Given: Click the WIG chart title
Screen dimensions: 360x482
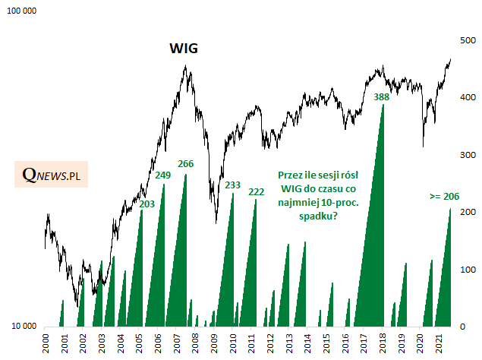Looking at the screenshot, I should (x=183, y=49).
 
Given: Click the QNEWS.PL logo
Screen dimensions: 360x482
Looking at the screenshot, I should (x=51, y=175).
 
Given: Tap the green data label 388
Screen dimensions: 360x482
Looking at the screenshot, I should (x=382, y=96).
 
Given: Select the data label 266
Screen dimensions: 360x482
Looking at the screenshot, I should (x=186, y=164).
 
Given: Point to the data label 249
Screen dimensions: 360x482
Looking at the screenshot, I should (x=162, y=175).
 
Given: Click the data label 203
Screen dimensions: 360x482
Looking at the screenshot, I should (x=147, y=204).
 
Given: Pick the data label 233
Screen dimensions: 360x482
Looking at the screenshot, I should (x=233, y=185).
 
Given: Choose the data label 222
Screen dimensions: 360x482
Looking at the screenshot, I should (x=257, y=191).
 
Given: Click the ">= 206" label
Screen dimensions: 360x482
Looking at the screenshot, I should (x=444, y=196).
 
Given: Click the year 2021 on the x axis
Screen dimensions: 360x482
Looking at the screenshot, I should (x=439, y=343).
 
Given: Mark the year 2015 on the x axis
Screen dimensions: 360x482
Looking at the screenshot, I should (x=326, y=343).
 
